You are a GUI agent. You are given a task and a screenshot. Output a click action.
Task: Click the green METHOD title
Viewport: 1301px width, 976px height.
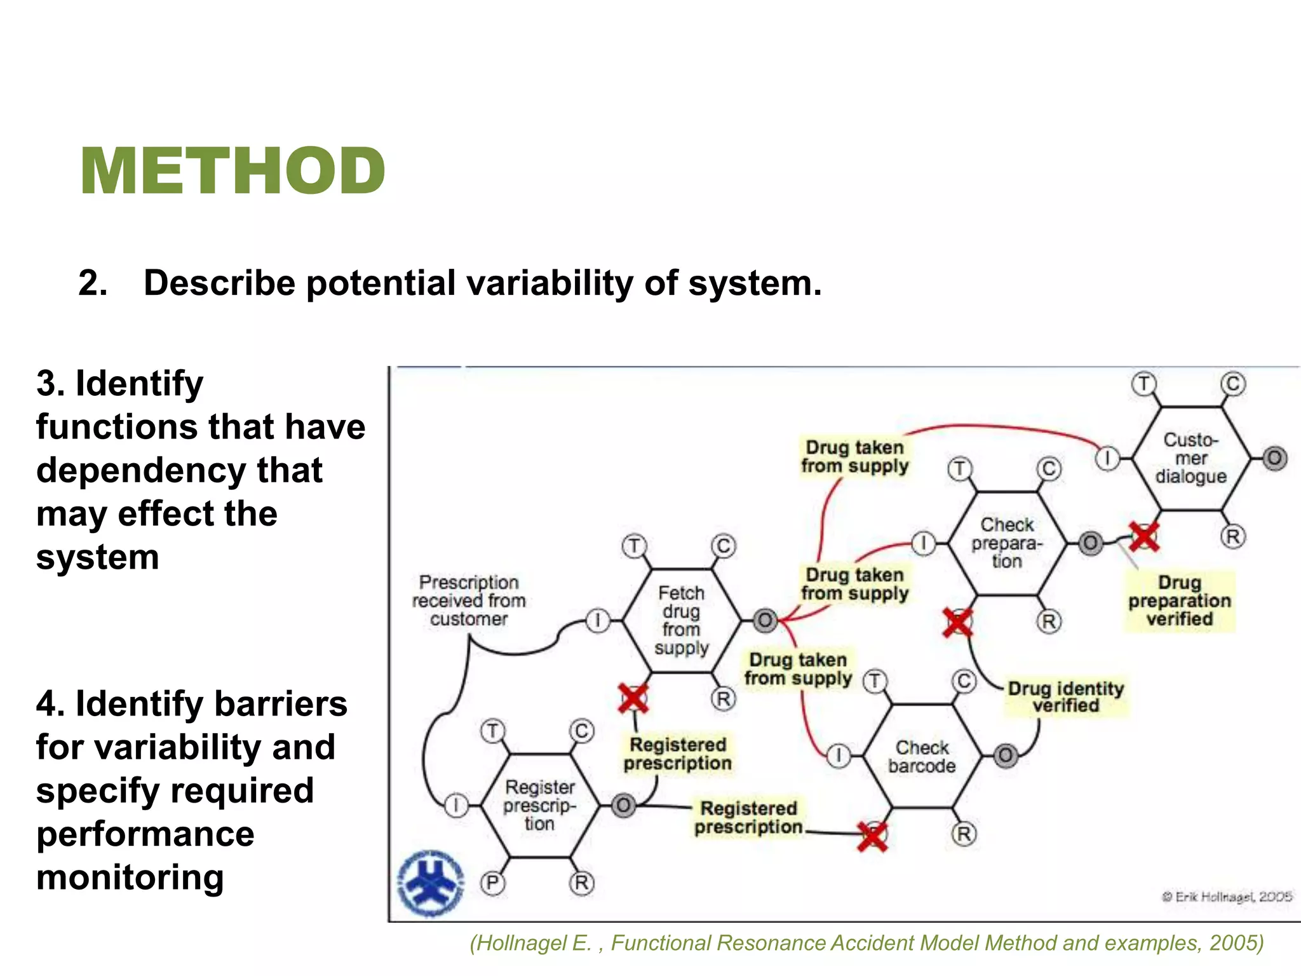point(233,170)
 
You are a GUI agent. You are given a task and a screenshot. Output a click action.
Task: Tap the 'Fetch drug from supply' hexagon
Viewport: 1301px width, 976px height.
point(682,620)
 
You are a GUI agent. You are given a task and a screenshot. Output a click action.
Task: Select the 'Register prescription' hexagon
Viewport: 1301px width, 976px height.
point(540,805)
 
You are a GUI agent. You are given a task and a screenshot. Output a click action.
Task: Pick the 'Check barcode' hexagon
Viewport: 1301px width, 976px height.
point(922,756)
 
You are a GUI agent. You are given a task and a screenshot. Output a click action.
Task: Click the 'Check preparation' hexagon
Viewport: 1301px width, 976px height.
point(1007,543)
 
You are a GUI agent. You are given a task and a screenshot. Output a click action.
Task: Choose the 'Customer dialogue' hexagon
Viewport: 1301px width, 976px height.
point(1191,457)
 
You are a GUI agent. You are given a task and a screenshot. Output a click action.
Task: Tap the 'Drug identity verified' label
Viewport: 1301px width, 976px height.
point(1065,697)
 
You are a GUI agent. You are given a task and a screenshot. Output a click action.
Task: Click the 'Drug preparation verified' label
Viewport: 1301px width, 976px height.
point(1179,600)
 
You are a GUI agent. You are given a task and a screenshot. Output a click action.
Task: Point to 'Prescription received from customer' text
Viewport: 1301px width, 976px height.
point(469,600)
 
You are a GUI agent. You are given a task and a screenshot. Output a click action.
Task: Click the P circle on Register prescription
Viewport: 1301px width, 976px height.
point(493,883)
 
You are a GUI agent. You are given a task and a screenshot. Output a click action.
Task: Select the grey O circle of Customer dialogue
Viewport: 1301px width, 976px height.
point(1274,458)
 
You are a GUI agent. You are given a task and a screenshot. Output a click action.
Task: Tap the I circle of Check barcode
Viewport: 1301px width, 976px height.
point(839,756)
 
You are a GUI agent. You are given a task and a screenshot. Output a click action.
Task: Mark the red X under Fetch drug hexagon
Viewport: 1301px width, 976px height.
point(633,698)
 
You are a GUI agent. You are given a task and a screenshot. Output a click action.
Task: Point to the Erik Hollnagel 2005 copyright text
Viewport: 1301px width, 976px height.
point(1227,897)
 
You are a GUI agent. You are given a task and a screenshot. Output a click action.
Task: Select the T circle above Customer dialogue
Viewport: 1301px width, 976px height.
point(1144,384)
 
